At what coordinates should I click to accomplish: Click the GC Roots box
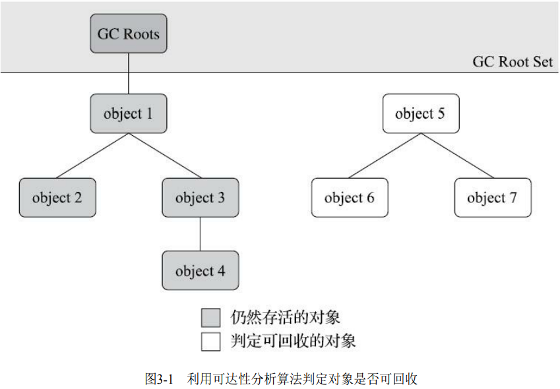(129, 34)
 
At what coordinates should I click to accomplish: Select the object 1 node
(129, 113)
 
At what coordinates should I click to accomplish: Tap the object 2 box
(57, 198)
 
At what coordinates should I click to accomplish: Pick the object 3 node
(201, 198)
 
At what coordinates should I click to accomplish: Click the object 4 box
(201, 270)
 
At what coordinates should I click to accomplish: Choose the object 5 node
(421, 113)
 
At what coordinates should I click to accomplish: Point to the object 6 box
(350, 198)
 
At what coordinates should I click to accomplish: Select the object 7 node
(493, 198)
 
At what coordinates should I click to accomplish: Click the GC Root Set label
(513, 62)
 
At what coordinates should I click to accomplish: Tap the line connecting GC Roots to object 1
(129, 74)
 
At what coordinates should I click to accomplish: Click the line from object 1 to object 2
(93, 156)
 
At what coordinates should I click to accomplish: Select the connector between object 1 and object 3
(165, 156)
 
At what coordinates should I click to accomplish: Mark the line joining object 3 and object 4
(201, 234)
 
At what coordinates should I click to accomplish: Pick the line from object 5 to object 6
(385, 156)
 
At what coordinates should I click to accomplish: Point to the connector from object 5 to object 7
(457, 156)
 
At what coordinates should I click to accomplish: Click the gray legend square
(210, 318)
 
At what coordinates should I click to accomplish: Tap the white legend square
(210, 342)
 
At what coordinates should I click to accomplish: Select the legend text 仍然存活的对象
(285, 317)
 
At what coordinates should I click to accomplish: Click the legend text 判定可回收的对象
(293, 341)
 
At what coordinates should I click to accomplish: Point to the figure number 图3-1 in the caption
(159, 378)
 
